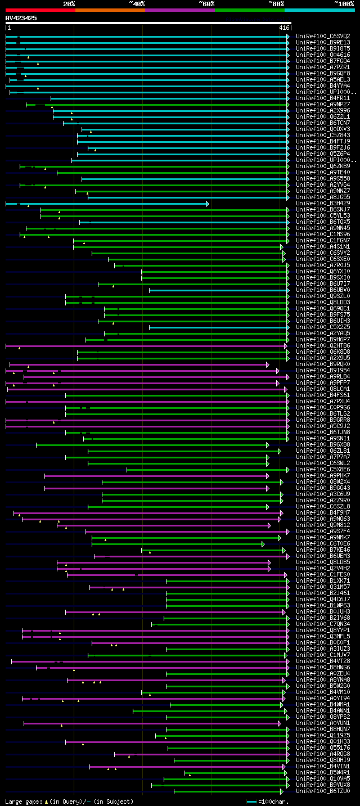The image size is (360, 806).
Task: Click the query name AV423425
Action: [x=21, y=18]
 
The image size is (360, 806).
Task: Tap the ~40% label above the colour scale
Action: [x=137, y=3]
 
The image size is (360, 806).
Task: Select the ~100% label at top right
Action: [x=344, y=3]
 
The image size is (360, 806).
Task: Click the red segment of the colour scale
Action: [x=40, y=10]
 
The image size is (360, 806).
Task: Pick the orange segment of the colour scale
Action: [x=110, y=10]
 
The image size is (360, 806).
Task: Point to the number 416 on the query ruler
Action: [x=283, y=28]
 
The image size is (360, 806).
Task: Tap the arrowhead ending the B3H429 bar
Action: [x=207, y=204]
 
